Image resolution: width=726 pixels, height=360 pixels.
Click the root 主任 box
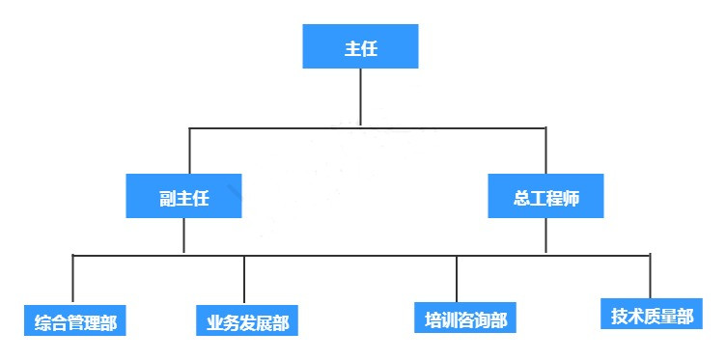(x=360, y=47)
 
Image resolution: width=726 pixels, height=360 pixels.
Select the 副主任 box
(x=183, y=197)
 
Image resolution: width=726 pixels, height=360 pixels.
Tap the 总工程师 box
(x=545, y=196)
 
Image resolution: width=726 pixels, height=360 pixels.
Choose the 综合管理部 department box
(x=74, y=321)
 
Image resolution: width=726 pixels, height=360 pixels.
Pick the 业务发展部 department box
(x=247, y=321)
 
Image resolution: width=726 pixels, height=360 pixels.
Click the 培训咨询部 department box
(x=465, y=318)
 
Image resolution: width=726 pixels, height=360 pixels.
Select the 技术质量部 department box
(x=652, y=316)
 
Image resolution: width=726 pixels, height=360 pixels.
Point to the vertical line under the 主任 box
(x=360, y=97)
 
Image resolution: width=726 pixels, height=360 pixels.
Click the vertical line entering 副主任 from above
(x=189, y=150)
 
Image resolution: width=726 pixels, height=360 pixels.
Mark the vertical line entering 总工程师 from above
(x=545, y=150)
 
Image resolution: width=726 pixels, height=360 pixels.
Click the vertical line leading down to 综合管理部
(x=72, y=280)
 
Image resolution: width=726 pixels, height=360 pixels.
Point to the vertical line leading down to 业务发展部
(x=244, y=280)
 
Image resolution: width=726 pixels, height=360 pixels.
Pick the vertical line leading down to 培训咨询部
(x=457, y=280)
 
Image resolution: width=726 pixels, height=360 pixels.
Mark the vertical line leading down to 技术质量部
(x=651, y=276)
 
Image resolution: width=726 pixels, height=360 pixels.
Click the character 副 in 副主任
(x=166, y=198)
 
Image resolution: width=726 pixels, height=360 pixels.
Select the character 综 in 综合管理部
(x=42, y=322)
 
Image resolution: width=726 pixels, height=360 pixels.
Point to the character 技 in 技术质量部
(x=620, y=317)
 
